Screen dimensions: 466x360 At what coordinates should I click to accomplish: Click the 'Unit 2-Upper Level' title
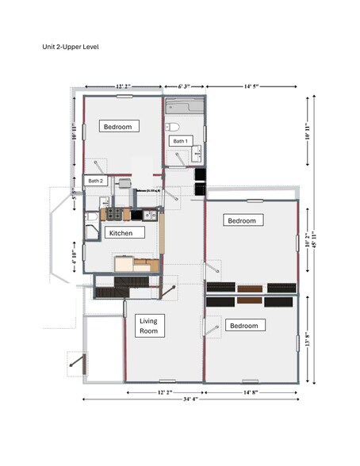pos(71,47)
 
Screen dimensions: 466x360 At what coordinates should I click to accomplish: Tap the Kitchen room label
pos(126,233)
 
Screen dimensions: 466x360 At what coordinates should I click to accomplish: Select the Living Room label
pos(148,326)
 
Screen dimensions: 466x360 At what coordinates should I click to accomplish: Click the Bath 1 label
pos(181,141)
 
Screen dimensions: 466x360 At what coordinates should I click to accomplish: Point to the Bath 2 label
pos(96,181)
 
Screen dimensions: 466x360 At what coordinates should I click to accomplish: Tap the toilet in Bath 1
pos(173,126)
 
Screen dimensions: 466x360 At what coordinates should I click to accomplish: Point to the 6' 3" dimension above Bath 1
pos(184,86)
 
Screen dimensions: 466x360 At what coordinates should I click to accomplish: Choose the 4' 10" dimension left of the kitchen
pos(74,259)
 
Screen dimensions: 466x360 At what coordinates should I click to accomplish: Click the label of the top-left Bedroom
pos(121,126)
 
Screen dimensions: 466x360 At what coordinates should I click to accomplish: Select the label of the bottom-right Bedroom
pos(243,326)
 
